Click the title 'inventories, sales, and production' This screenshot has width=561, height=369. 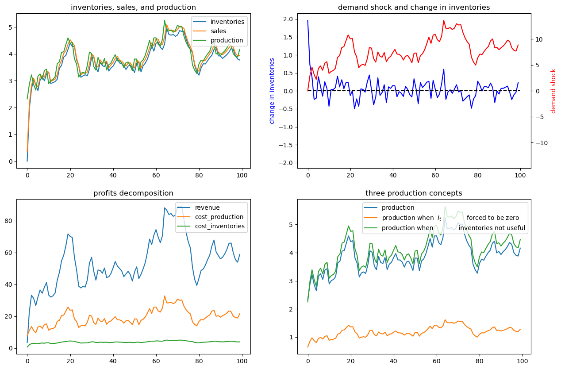pos(133,7)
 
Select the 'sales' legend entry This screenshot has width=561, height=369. pos(218,31)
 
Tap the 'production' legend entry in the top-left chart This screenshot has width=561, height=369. pos(227,40)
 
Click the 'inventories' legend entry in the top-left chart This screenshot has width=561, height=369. pos(227,22)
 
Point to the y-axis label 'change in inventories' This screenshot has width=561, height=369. pos(272,91)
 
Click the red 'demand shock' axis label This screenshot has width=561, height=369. pos(553,91)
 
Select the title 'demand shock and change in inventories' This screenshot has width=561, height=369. pos(414,7)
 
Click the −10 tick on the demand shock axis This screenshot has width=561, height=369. pos(542,143)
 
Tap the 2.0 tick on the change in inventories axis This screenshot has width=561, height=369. pos(288,19)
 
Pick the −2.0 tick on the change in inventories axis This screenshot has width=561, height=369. pos(286,163)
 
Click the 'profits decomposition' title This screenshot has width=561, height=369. pos(133,193)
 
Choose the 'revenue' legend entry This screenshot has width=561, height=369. pos(207,208)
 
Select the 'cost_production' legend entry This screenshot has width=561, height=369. pos(219,217)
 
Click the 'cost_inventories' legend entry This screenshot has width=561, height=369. pos(219,226)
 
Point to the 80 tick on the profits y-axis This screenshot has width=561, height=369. pos(8,221)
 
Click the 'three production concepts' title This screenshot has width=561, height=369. pos(414,193)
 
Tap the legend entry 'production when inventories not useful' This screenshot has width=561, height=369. pos(453,228)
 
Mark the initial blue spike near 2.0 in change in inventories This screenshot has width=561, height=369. pos(308,20)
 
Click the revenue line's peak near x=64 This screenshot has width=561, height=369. pos(165,208)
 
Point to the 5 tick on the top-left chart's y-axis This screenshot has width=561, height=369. pos(10,27)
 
